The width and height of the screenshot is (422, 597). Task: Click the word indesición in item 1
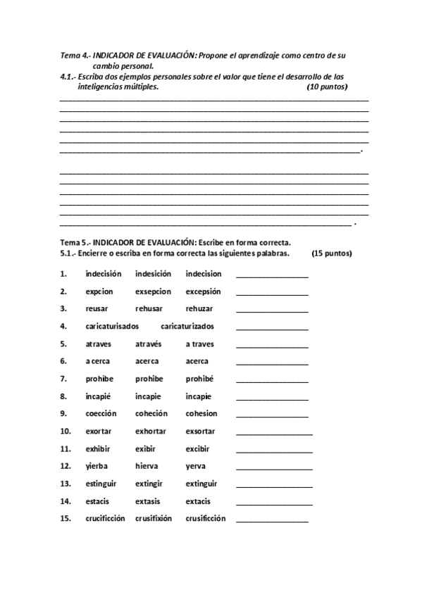click(x=153, y=274)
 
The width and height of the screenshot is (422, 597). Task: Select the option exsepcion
click(x=153, y=291)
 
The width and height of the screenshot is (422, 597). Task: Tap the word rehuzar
click(x=199, y=309)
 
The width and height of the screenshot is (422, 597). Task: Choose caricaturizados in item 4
click(x=187, y=327)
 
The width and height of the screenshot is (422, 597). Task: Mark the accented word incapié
click(x=99, y=396)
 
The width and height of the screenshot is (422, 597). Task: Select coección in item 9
click(x=101, y=413)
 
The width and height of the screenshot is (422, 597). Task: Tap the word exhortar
click(x=153, y=431)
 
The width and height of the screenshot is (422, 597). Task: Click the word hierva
click(x=147, y=466)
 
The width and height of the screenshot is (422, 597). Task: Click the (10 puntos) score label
click(x=327, y=87)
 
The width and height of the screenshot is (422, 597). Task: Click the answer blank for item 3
click(x=272, y=310)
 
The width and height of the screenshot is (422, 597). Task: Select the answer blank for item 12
click(x=274, y=467)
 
